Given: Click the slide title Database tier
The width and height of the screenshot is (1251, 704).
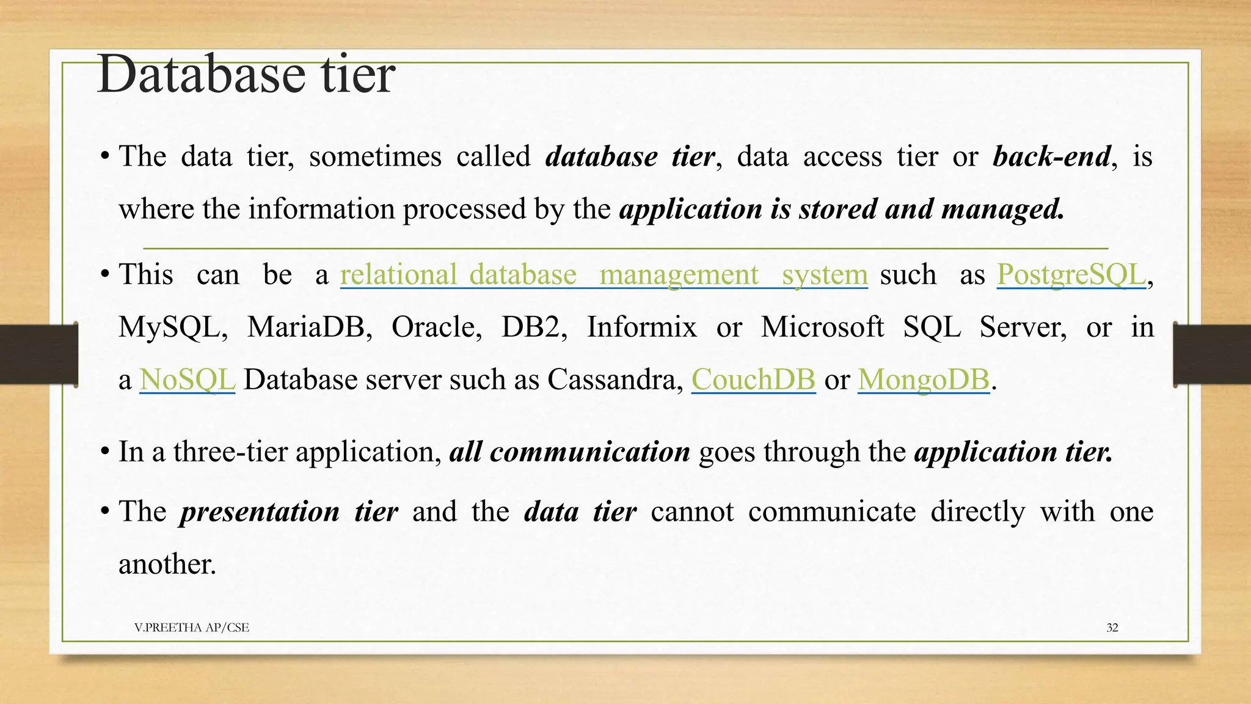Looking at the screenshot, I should point(246,75).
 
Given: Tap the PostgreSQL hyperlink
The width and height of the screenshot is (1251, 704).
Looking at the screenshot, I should point(1071,274).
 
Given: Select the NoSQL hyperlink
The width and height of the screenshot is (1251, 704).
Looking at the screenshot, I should point(187,380).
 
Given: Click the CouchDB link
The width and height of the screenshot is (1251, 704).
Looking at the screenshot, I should point(753,380).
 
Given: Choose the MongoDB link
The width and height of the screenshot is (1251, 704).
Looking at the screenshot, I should point(923,380).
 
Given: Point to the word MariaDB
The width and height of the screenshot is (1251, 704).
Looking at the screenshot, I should point(309,327).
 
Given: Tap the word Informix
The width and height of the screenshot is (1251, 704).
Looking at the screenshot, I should point(641,327).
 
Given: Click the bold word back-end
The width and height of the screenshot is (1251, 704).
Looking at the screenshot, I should point(1051,156).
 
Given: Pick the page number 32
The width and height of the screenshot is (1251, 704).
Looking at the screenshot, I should point(1112,628).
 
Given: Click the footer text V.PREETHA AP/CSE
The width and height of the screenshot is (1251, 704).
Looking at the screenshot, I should point(192,628).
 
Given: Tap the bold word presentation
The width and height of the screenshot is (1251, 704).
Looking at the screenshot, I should point(259,512).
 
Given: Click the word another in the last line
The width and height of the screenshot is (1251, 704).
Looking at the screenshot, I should point(166,564).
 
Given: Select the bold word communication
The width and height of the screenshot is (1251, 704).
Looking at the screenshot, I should point(589,452).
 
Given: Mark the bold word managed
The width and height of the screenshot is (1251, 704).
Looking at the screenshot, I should point(1002,209).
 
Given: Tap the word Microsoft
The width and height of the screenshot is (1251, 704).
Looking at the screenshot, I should point(822,327).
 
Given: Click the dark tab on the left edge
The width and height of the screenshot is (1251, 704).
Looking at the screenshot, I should point(38,354).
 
